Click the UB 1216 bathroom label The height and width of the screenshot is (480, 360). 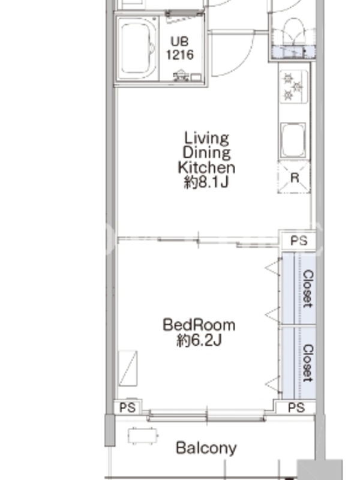[180, 48]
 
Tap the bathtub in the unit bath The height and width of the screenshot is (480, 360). [137, 49]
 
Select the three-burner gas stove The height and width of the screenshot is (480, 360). [294, 86]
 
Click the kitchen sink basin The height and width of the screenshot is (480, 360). [293, 140]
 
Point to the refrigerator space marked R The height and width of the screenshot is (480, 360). [294, 177]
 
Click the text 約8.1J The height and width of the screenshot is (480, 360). [206, 182]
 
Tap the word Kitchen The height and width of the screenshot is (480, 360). [206, 167]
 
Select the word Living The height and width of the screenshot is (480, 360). [206, 138]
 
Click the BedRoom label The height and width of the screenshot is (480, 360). [199, 325]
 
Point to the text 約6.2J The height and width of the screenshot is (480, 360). [199, 340]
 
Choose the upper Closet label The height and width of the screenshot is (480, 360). [308, 289]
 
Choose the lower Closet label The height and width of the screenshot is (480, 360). [308, 364]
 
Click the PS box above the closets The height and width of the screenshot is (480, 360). [298, 241]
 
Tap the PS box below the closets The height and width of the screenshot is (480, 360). [296, 407]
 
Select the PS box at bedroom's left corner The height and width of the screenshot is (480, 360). [127, 407]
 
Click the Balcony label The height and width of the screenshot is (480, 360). [206, 448]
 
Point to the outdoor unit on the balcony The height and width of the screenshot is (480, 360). [143, 436]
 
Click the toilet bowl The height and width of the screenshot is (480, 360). [294, 32]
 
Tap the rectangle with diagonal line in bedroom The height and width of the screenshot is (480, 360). [128, 368]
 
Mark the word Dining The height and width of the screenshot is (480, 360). [206, 153]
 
